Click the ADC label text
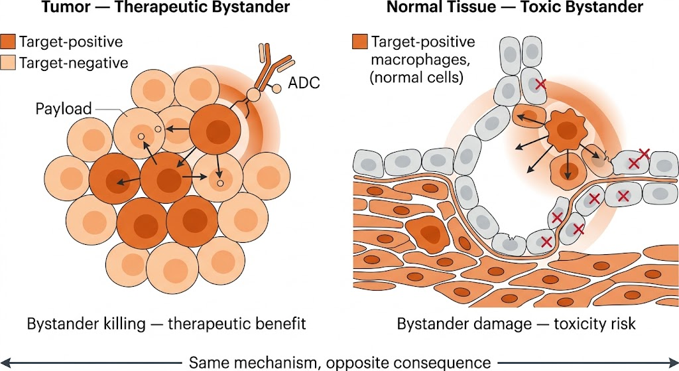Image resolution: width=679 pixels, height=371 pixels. tap(304, 82)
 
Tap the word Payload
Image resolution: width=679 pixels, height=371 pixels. tap(64, 108)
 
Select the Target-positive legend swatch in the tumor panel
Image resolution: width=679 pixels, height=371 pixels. tap(8, 42)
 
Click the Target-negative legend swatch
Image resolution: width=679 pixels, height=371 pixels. tap(8, 63)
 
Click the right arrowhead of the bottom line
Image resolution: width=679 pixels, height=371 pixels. tap(674, 362)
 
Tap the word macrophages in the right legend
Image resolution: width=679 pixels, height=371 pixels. tap(420, 59)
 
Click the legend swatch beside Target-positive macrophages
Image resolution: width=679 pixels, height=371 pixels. tap(360, 42)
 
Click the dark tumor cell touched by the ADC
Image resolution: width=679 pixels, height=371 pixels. tap(216, 130)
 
